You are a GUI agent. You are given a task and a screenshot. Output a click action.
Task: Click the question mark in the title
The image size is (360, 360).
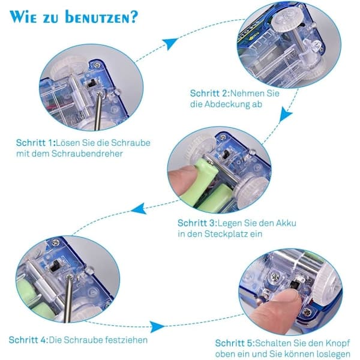coord(133,17)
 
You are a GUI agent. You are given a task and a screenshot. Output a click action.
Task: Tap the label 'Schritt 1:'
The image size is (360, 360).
coord(36,143)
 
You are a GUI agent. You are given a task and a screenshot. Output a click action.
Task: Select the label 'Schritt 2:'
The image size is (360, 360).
coord(210,94)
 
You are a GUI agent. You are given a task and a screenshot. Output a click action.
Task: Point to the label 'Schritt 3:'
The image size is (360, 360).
coord(197,223)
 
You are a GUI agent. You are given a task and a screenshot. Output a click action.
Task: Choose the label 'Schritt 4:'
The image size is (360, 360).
coord(29,340)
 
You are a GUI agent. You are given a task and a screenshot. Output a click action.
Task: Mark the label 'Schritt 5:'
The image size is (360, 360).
coord(235,343)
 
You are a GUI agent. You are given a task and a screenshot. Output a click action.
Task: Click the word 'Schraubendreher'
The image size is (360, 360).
coord(87,154)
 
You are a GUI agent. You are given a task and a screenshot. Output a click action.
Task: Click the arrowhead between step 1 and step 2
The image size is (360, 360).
coord(169,44)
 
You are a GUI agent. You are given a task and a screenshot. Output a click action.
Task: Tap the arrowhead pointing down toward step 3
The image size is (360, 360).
coord(286,114)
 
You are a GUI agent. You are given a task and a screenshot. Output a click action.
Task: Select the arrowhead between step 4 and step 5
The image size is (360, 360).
coord(157,326)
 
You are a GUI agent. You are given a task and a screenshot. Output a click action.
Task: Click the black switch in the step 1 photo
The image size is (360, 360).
coord(91,83)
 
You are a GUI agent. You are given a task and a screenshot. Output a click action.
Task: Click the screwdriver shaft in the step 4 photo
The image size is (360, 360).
coord(68,298)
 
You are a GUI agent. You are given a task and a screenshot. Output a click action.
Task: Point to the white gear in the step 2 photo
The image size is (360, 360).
coord(286,20)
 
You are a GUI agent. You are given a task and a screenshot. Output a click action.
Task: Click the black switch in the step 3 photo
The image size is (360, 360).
coord(227,155)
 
